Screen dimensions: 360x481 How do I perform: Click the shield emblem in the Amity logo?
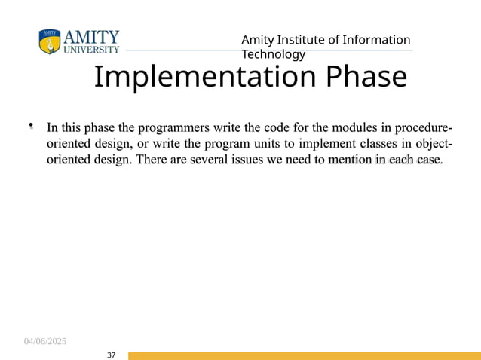click(50, 42)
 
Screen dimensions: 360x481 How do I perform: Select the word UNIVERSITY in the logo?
click(91, 50)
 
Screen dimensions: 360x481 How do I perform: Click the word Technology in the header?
click(273, 54)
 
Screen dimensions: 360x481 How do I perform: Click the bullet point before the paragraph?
click(31, 126)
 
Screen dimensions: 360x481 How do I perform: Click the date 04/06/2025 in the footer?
click(44, 342)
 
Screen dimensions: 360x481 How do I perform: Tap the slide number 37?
click(112, 355)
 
